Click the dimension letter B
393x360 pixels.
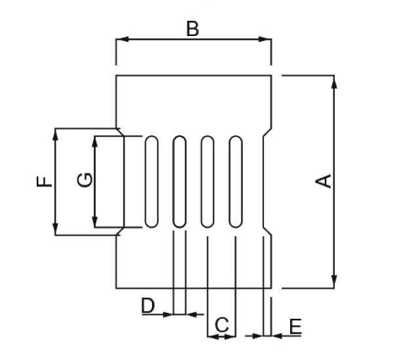193,29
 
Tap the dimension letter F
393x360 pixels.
44,181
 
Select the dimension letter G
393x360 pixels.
84,180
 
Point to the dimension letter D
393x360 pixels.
148,305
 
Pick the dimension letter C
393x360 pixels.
222,325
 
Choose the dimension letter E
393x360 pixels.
295,326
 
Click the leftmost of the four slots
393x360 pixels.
152,181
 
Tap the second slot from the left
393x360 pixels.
179,181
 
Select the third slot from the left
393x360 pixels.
208,181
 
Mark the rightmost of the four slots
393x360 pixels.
236,181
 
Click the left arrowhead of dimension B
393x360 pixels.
122,39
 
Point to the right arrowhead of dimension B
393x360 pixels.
265,39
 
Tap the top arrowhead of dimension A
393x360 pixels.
334,82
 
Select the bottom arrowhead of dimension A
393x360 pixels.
334,281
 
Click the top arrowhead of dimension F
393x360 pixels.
56,135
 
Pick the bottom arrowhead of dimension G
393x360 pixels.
94,221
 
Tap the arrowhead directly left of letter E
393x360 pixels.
257,336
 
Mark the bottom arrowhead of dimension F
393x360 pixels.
56,229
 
